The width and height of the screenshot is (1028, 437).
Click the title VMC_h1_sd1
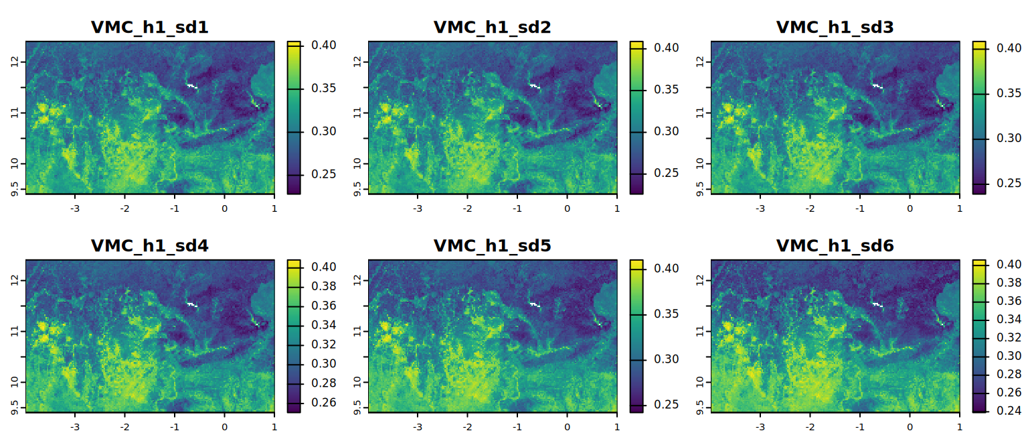[x=150, y=27]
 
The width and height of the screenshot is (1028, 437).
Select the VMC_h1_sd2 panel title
[x=493, y=27]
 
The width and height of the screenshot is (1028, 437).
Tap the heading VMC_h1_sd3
[x=835, y=27]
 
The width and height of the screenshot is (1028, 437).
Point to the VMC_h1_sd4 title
[x=150, y=246]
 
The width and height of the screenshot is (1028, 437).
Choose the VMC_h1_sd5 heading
[x=493, y=246]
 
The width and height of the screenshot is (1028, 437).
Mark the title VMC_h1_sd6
[x=835, y=246]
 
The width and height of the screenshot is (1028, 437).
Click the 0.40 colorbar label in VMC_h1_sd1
[x=324, y=46]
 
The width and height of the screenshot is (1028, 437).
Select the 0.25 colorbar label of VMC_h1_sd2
[x=667, y=173]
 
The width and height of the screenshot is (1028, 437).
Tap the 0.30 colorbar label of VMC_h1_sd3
[x=1009, y=139]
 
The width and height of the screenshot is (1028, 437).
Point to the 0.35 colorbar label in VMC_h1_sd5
[x=667, y=314]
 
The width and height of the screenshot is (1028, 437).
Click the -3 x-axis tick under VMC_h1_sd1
[x=75, y=208]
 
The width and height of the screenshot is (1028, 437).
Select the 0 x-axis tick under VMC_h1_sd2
[x=567, y=208]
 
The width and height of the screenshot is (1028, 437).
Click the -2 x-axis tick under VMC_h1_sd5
[x=467, y=426]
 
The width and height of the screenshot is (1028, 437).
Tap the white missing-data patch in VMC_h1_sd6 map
[x=877, y=306]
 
